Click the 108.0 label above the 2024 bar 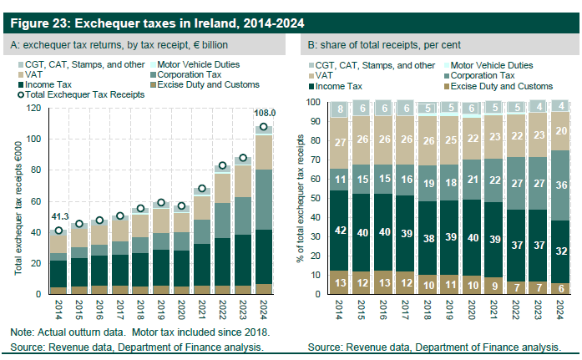264,112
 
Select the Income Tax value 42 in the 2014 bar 342,230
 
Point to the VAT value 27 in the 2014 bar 342,142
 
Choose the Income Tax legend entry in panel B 343,86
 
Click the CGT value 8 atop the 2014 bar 342,109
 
